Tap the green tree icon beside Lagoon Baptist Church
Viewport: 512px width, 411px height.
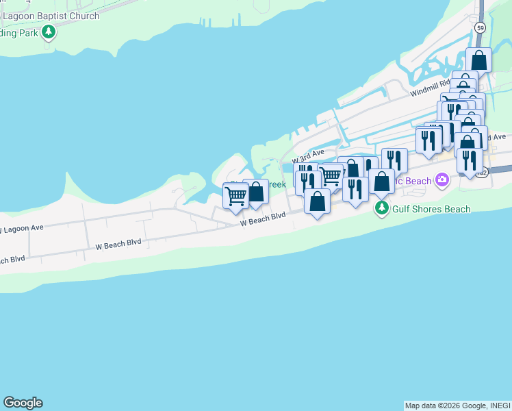point(48,32)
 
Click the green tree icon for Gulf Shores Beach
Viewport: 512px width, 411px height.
point(381,208)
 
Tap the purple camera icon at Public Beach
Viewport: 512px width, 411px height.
point(442,180)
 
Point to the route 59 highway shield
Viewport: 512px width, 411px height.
point(481,27)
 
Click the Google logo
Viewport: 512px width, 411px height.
point(23,403)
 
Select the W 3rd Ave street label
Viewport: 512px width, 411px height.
point(307,155)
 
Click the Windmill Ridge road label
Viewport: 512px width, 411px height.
point(428,88)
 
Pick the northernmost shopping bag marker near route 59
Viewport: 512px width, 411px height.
point(478,60)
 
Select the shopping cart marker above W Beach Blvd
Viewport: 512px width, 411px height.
point(235,195)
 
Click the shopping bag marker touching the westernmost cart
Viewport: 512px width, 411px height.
point(255,192)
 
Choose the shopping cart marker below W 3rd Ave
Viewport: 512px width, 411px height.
point(331,175)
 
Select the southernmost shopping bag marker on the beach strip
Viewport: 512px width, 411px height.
point(316,201)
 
